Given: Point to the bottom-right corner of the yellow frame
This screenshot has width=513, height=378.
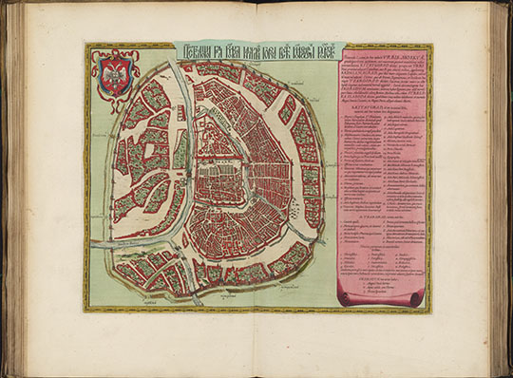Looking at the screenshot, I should tap(431, 311).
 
